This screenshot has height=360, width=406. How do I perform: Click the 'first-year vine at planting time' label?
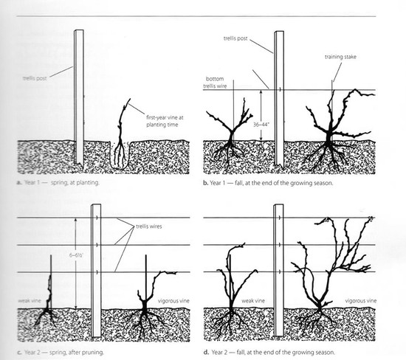pos(165,121)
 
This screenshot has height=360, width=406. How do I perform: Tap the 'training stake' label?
pos(340,57)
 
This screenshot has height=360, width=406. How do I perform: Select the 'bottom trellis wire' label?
pos(215,83)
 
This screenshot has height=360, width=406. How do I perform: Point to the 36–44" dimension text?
pos(261,124)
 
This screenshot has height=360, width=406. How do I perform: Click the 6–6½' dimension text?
pos(76,255)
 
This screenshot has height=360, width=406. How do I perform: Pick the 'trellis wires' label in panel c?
pos(149,226)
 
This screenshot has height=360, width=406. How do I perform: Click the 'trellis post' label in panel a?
pos(35,78)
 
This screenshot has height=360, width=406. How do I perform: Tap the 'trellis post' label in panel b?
pos(235,38)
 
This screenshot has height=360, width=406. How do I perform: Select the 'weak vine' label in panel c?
pos(30,300)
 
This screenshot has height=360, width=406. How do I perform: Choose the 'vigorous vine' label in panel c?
pos(173,301)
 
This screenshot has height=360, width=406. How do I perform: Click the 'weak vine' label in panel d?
pos(253,301)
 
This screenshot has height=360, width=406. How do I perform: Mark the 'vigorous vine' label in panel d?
pos(361,301)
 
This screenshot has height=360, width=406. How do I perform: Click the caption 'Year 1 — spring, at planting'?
pos(62,182)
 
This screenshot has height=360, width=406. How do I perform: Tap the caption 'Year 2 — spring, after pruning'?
pos(64,352)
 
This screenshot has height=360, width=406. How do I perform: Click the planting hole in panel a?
pos(118,155)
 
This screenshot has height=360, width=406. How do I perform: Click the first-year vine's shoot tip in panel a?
pos(130,99)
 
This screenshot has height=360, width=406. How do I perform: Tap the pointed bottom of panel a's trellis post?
pos(82,167)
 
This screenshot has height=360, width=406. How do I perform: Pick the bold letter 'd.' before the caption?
pos(206,352)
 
